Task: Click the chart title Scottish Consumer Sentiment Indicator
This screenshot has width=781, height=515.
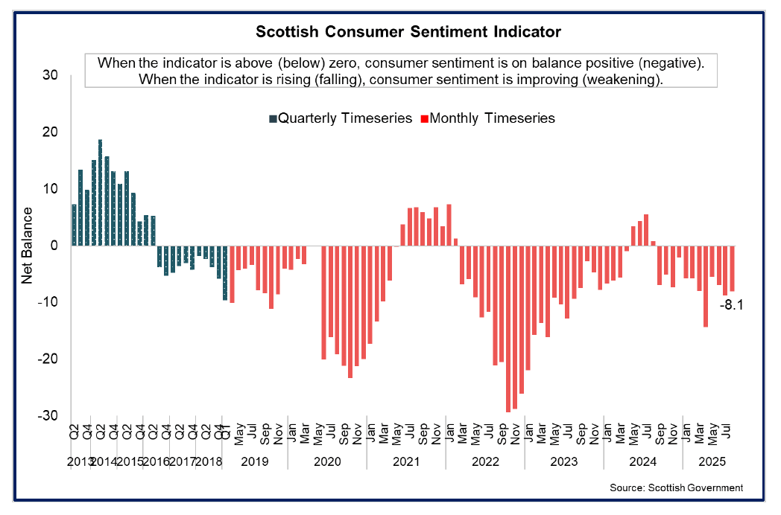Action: (x=408, y=32)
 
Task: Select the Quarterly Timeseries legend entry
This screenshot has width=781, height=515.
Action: (x=341, y=118)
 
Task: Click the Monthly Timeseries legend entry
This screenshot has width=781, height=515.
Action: (x=488, y=118)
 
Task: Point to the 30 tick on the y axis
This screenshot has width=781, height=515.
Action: (x=51, y=75)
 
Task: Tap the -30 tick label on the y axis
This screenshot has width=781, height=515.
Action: (x=48, y=415)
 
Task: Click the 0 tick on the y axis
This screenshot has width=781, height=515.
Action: (x=54, y=246)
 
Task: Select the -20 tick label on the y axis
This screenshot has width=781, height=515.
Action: (x=48, y=359)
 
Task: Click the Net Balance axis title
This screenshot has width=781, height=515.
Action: (x=27, y=246)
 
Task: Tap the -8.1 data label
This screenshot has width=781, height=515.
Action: (x=731, y=304)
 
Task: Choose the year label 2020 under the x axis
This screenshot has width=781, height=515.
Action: (x=327, y=461)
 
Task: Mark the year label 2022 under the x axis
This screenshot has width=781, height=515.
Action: (x=485, y=461)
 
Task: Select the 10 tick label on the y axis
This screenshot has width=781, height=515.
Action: (x=51, y=189)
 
